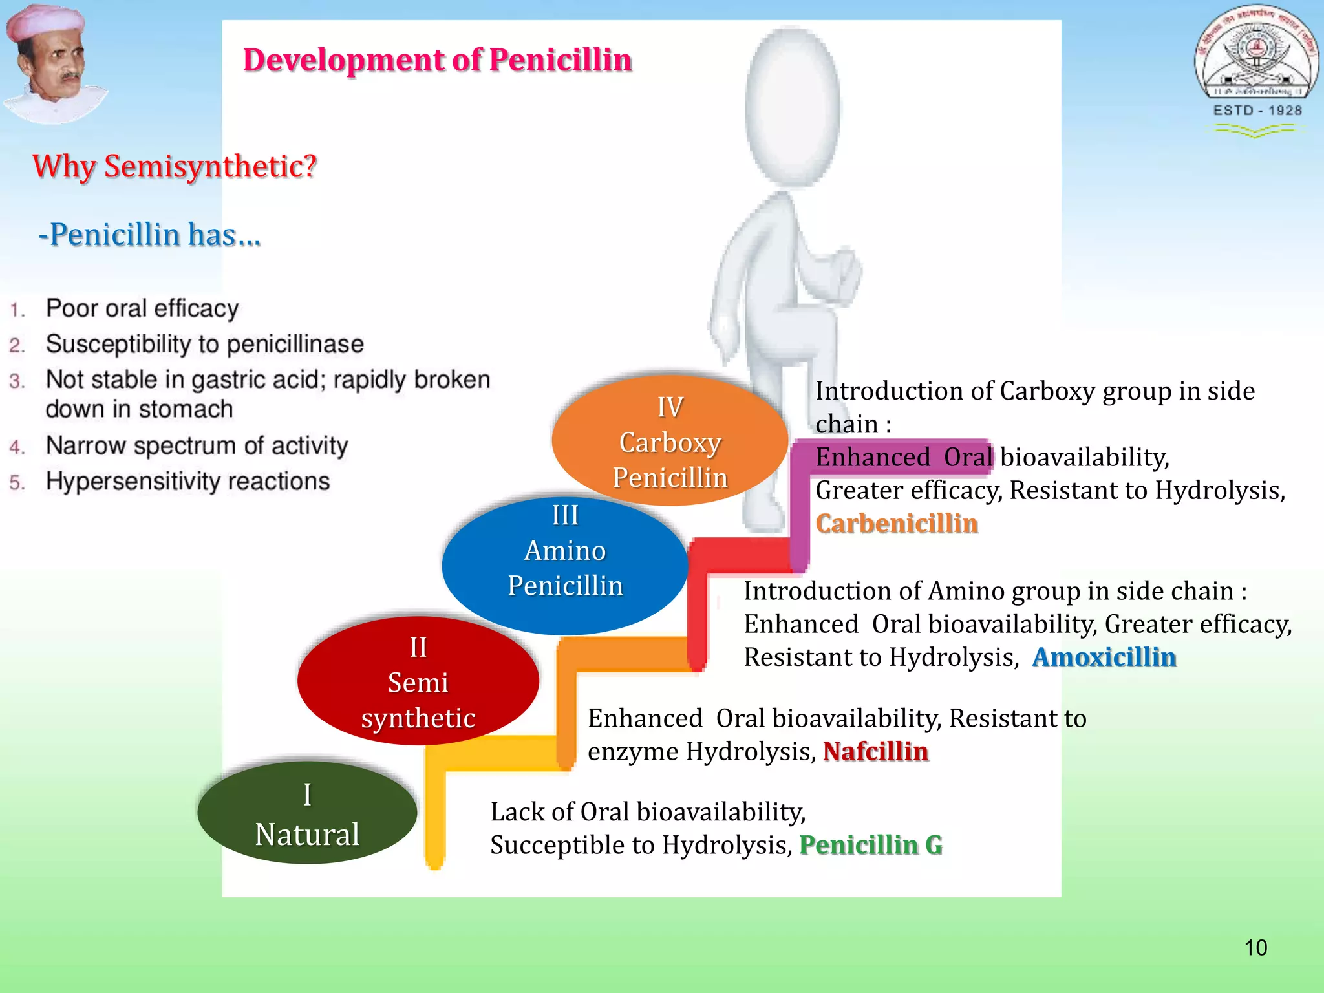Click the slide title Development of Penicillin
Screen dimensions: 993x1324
tap(437, 60)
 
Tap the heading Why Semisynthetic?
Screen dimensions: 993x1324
tap(175, 166)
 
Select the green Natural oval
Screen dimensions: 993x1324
tap(307, 813)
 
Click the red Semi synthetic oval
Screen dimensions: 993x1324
tap(418, 681)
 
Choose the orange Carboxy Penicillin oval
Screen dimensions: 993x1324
tap(670, 442)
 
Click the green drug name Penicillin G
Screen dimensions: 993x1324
tap(871, 845)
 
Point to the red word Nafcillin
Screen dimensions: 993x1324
tap(875, 751)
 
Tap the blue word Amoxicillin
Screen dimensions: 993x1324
tap(1104, 657)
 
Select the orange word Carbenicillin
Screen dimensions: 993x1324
tap(897, 524)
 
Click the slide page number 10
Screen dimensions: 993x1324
tap(1255, 948)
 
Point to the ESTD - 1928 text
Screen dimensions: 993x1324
tap(1257, 111)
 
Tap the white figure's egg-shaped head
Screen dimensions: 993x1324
tap(793, 107)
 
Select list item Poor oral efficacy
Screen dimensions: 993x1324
tap(142, 308)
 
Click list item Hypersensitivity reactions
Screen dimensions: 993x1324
tap(187, 482)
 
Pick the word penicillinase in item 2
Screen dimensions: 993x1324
tap(295, 344)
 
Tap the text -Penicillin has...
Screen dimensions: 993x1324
tap(149, 234)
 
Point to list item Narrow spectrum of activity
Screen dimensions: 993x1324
tap(197, 445)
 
